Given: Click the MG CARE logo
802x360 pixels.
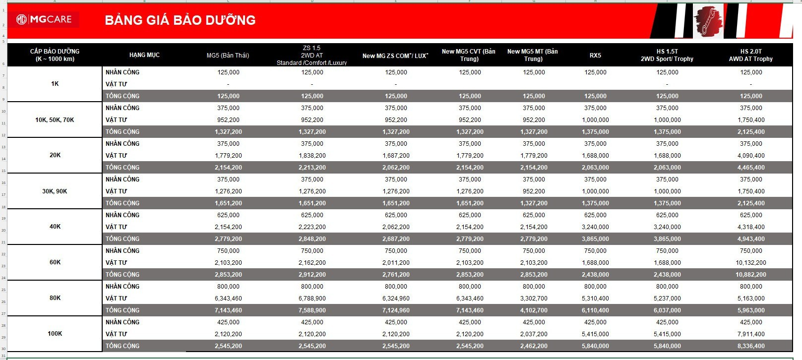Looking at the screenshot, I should (x=44, y=19).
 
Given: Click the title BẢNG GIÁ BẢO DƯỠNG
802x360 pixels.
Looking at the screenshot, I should (x=180, y=20).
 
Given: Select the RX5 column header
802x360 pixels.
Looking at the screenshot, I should (x=595, y=55).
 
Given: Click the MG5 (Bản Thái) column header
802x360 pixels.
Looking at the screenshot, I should (x=228, y=55).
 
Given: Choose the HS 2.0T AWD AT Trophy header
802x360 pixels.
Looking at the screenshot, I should (x=751, y=55).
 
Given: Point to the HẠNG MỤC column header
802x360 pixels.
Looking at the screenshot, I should (x=144, y=55).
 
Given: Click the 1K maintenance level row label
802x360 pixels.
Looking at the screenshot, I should (x=55, y=84).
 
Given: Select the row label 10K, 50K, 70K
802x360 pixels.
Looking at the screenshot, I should (x=55, y=120).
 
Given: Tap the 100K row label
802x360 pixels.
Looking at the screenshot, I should (x=55, y=334).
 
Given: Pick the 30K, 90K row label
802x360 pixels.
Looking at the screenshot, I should (x=55, y=191).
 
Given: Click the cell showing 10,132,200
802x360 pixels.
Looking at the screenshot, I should (x=751, y=263).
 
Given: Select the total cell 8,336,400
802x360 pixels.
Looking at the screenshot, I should (x=751, y=346).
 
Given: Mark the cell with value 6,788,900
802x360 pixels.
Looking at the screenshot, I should (x=312, y=299).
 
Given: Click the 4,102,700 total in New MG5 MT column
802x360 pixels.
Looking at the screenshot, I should (x=534, y=310).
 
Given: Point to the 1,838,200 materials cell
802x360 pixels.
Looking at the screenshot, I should (x=312, y=156).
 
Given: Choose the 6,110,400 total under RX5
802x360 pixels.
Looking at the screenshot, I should (x=595, y=310).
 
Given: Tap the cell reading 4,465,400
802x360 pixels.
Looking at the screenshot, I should (x=751, y=168).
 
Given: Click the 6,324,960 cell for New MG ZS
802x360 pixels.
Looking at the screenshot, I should (x=396, y=299).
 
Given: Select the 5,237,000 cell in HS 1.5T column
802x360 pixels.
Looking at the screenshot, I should (x=667, y=299).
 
